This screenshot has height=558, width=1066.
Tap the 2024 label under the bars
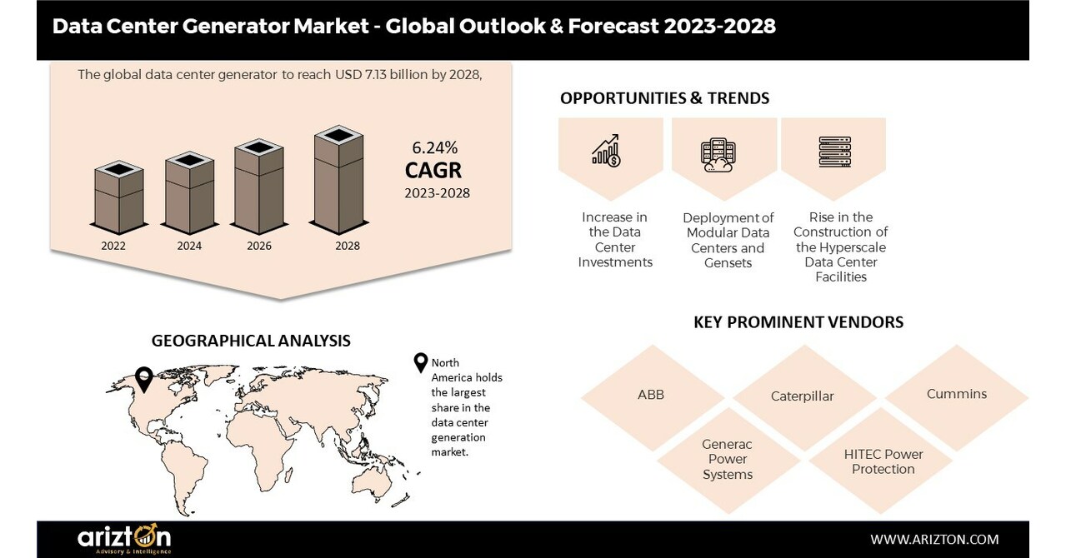190,246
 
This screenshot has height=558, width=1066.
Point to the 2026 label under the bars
260,246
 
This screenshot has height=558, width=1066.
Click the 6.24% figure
435,148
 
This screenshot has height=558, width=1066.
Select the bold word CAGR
433,171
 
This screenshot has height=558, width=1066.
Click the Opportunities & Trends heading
664,98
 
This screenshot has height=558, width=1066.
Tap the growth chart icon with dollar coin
606,150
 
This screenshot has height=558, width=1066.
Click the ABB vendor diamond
651,395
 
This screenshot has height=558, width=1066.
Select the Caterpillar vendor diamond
802,396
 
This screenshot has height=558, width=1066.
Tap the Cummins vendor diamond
956,394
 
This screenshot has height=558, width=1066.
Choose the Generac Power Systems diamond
728,460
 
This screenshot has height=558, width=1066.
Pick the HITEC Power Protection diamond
883,461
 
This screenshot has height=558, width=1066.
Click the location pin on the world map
144,379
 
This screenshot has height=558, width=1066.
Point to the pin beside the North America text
421,363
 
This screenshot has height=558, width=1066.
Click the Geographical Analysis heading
251,341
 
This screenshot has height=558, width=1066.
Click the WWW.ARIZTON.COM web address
934,540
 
